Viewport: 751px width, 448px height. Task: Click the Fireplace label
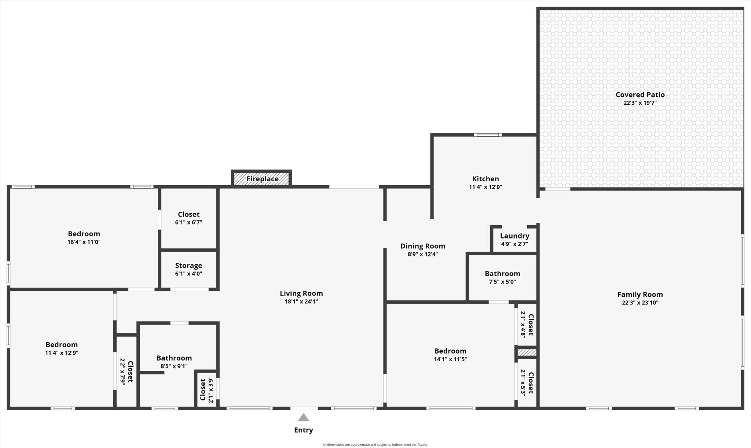(x=262, y=179)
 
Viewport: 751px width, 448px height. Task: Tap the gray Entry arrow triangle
(x=303, y=418)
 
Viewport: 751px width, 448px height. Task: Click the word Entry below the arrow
(x=303, y=430)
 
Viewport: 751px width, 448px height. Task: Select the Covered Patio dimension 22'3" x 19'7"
(x=640, y=103)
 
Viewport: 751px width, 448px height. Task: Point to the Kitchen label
(x=485, y=179)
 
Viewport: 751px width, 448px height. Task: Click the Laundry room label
(x=514, y=236)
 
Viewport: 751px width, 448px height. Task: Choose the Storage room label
(x=188, y=266)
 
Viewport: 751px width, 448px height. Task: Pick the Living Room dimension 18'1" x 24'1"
(x=301, y=301)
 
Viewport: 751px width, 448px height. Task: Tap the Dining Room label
(x=422, y=246)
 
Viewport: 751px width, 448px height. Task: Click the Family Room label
(x=640, y=295)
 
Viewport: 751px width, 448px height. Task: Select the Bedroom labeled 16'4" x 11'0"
(x=84, y=234)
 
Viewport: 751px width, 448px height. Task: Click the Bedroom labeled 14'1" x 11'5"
(x=450, y=351)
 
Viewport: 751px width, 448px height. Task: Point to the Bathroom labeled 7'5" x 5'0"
(x=502, y=274)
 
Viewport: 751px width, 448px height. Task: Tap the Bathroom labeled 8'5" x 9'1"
(x=174, y=358)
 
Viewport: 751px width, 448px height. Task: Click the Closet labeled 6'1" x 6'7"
(x=188, y=214)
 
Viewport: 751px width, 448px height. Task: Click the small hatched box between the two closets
(x=527, y=352)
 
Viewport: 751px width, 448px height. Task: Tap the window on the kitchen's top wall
(x=487, y=135)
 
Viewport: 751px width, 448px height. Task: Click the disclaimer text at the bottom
(x=375, y=445)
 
